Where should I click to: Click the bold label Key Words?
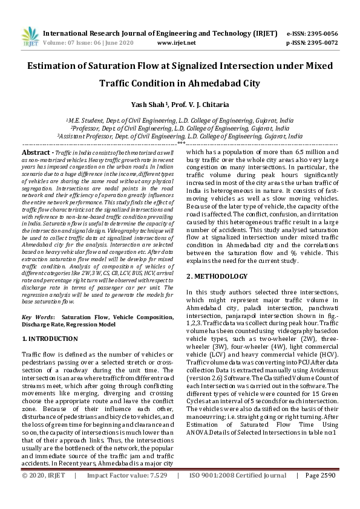tap(38, 317)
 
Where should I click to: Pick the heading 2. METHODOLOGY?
tap(217, 276)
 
